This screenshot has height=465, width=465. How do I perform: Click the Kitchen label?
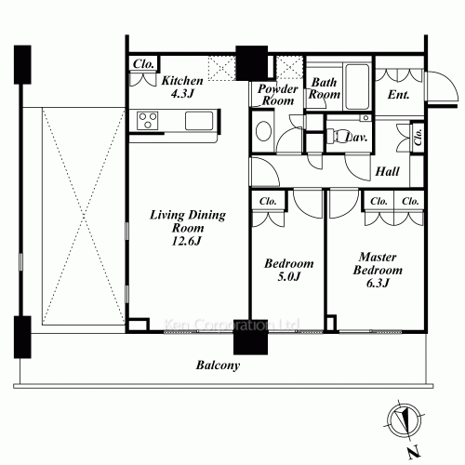coord(182,81)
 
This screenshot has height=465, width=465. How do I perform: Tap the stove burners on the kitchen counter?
coord(148,121)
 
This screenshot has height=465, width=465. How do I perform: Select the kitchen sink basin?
coord(199,121)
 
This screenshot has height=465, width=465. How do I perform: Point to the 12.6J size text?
coord(187,241)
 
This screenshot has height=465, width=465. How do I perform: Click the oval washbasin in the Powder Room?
coord(264,131)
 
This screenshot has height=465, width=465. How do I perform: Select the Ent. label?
coord(399,95)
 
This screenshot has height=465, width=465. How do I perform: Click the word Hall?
coord(387,171)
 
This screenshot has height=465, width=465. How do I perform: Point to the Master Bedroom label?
coord(378,263)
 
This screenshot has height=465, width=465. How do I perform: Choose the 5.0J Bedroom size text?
coord(289,276)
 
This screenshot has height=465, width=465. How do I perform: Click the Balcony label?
coord(218,365)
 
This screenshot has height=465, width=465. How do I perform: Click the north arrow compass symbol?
coord(405,422)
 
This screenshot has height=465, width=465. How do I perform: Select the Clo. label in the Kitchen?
coord(143,64)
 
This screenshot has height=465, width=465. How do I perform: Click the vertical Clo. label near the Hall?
coord(418,137)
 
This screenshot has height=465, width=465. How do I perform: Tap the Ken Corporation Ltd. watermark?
coord(232,325)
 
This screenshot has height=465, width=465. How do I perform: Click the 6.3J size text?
coord(378,283)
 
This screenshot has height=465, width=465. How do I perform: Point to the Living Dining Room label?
coord(188,221)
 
